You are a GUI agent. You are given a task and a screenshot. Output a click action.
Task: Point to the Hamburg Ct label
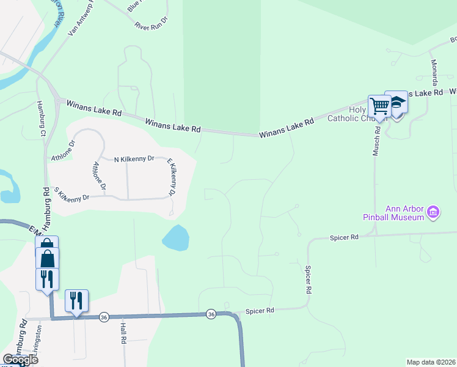point(41,119)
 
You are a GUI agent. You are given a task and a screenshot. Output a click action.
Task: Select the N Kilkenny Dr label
point(134,159)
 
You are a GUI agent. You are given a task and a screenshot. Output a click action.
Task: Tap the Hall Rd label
point(123,331)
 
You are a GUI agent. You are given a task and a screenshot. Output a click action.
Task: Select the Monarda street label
point(434,72)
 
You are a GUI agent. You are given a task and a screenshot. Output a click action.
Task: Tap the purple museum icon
point(433,213)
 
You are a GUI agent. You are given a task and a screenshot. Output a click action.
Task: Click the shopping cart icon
point(379,106)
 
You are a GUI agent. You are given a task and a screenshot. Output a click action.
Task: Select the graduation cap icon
point(398,102)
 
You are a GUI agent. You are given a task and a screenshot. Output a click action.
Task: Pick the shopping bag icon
point(47,258)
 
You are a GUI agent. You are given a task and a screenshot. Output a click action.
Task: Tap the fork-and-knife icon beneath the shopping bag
point(47,279)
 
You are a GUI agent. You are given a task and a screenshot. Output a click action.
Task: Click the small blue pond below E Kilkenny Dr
point(175,238)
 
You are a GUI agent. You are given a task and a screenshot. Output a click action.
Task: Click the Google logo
point(20,360)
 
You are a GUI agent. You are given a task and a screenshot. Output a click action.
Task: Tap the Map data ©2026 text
point(431,362)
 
